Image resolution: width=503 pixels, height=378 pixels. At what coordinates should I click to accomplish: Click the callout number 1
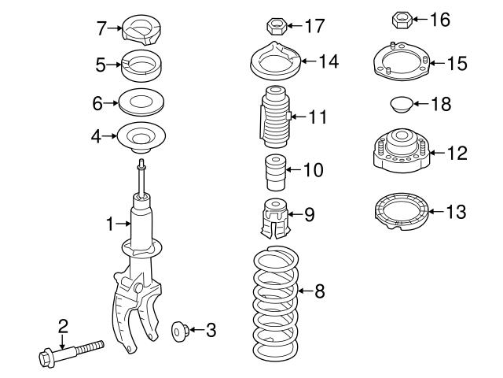(x=110, y=224)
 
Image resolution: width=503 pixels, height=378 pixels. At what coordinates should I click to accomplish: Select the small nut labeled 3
(x=178, y=331)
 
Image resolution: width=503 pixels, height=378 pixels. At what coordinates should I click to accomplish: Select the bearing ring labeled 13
(x=400, y=213)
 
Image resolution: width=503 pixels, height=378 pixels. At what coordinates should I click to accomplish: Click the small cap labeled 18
(x=400, y=103)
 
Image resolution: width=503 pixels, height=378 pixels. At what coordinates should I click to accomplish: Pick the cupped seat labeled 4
(x=142, y=137)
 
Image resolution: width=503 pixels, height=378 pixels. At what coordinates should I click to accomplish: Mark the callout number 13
(x=456, y=212)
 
